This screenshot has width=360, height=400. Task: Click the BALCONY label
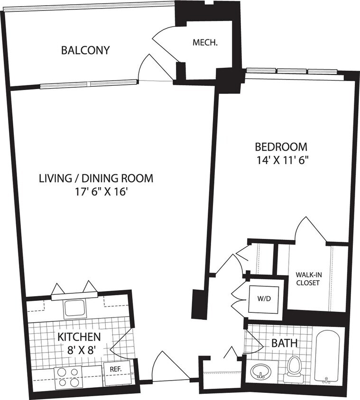coord(85,50)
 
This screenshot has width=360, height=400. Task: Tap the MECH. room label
coord(205,43)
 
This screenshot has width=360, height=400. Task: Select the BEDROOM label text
coord(281,146)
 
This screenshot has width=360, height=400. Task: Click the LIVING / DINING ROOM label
coord(96,179)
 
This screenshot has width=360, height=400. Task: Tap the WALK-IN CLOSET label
coord(307,279)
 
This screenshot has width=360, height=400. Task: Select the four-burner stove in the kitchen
coord(68,378)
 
